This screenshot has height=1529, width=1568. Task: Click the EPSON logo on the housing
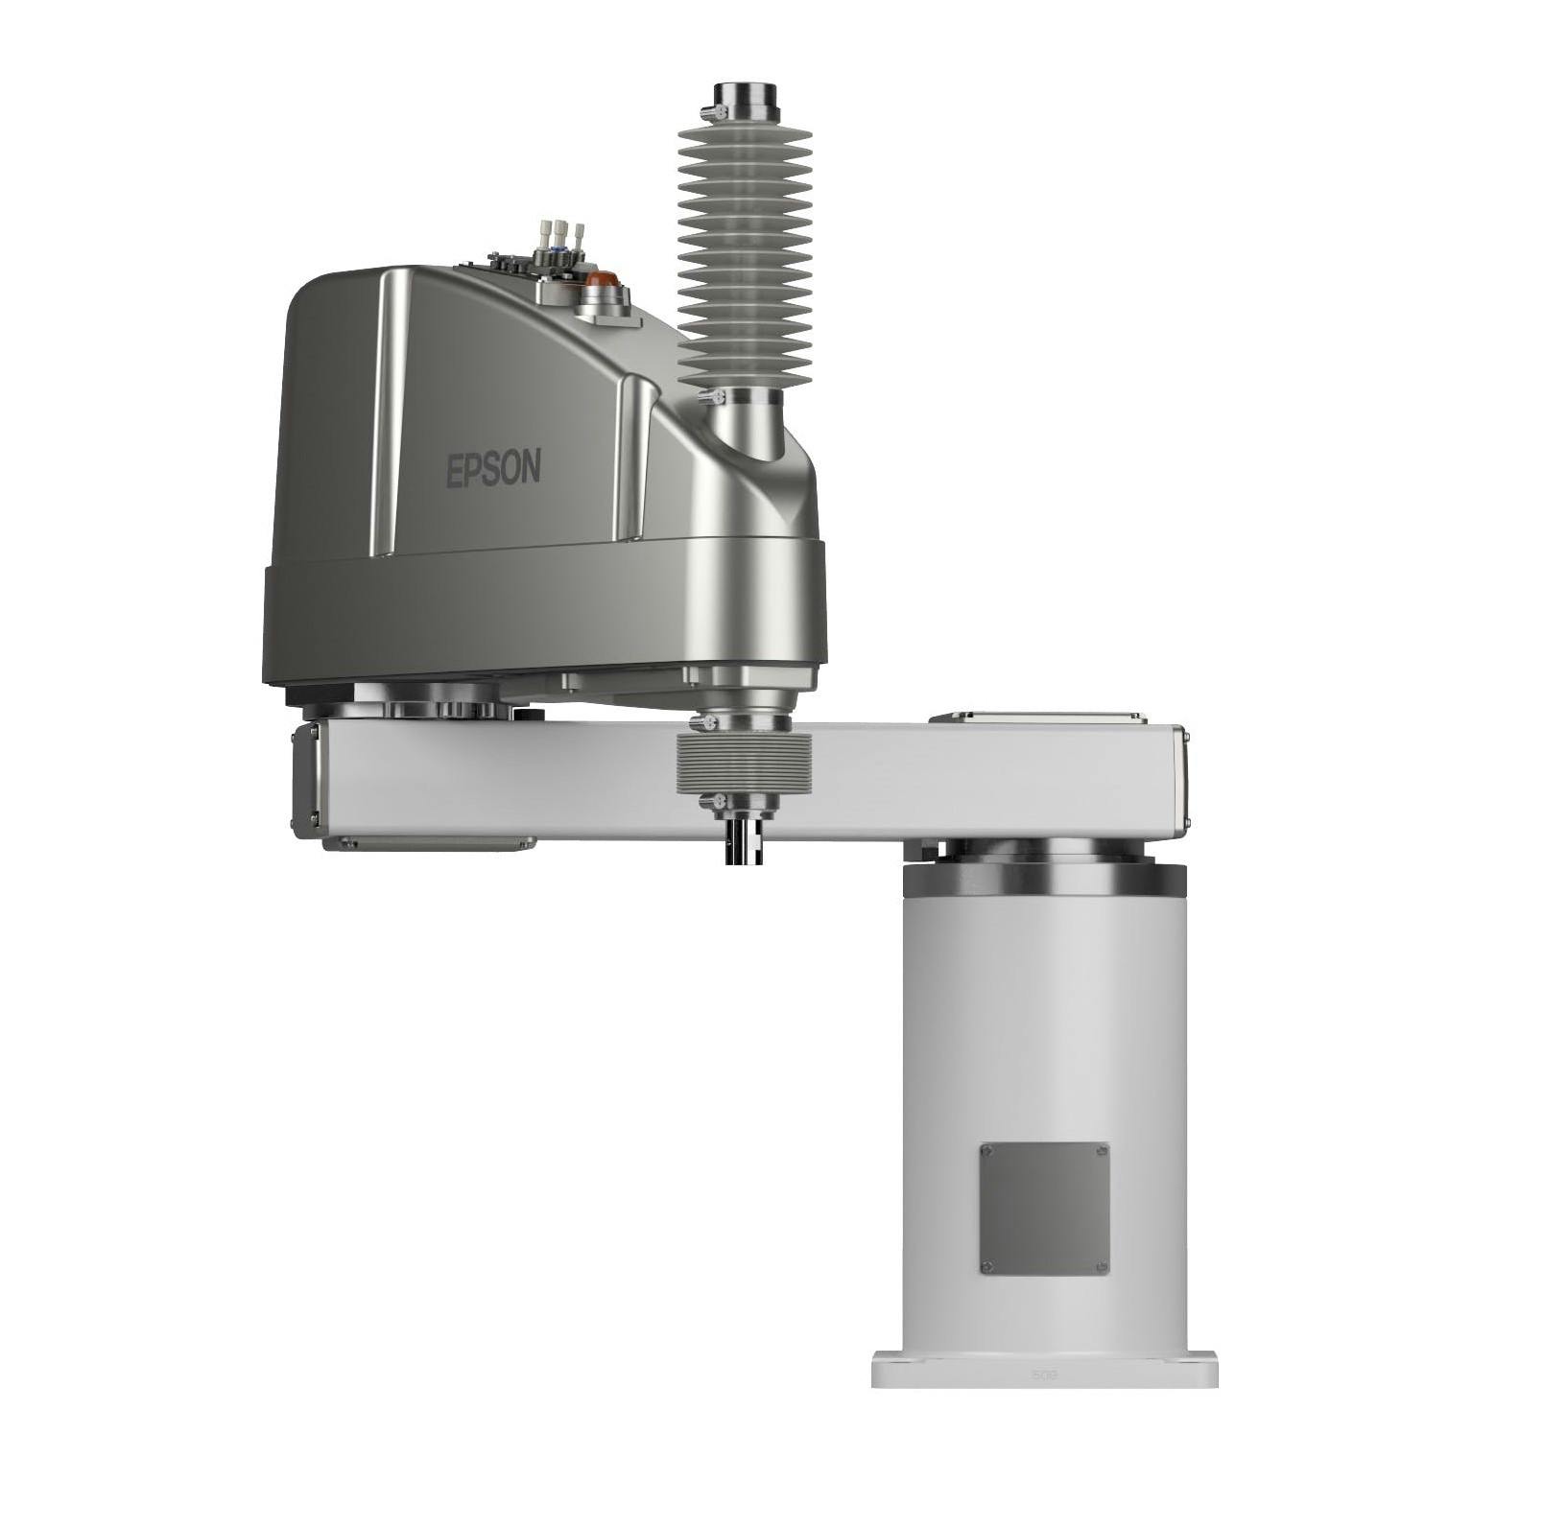coord(493,469)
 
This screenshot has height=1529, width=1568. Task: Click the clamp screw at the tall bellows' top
coord(708,114)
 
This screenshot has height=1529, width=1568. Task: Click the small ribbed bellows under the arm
coord(744,764)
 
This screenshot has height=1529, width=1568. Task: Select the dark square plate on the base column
coord(1044,1208)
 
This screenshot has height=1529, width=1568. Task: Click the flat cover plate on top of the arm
coord(1038,717)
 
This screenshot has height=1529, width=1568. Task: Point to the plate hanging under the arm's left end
coord(429,844)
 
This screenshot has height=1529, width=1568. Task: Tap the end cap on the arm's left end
coord(305,780)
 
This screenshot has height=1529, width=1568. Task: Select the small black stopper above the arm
coord(529,714)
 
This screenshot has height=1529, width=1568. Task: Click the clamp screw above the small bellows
coord(710,721)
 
